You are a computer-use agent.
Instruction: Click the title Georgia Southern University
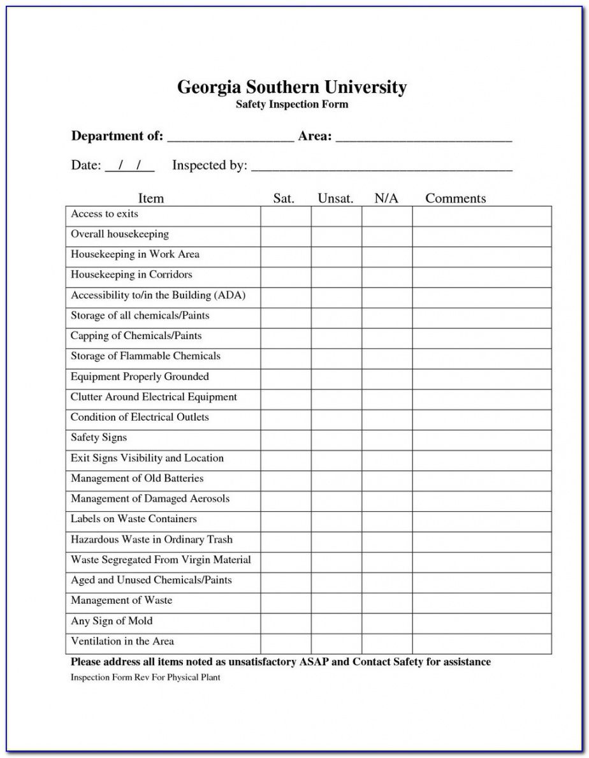(291, 87)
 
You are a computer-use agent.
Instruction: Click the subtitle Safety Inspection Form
(292, 105)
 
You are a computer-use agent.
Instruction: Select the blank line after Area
(424, 137)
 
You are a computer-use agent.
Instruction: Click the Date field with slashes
(129, 166)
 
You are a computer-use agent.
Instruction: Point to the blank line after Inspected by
(382, 167)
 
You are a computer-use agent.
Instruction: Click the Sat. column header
(284, 198)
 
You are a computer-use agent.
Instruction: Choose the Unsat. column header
(335, 198)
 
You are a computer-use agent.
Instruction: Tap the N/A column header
(386, 198)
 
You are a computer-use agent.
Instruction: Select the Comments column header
(455, 198)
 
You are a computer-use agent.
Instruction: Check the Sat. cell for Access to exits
(286, 216)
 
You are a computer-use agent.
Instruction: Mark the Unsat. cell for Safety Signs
(337, 440)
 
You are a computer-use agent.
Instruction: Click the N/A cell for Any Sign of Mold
(387, 623)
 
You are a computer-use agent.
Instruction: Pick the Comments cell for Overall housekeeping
(481, 237)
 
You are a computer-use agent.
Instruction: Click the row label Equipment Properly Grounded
(140, 377)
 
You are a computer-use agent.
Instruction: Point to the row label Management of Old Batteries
(137, 479)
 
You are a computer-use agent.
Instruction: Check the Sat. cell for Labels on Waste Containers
(286, 521)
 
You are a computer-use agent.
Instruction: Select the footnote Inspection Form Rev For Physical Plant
(145, 677)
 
